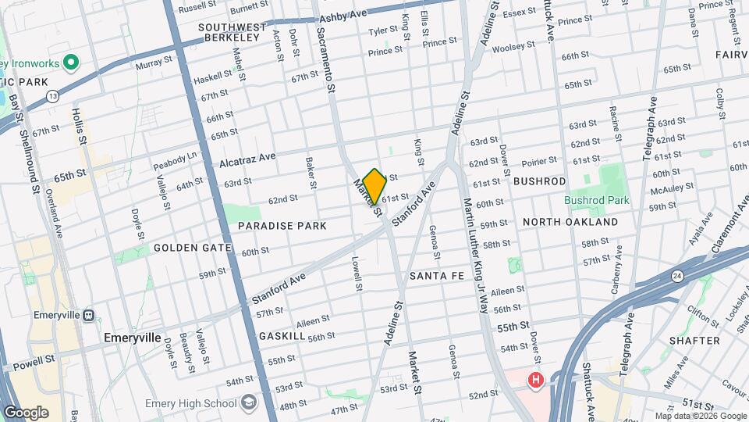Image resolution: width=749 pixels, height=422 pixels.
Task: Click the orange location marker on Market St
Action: point(374,186)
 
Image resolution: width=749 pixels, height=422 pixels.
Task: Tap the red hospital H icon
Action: point(535,381)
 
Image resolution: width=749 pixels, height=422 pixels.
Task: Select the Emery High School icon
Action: point(249,403)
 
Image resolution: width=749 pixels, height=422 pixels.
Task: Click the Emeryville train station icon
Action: point(87,316)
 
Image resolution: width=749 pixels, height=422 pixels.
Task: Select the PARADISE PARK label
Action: point(282,225)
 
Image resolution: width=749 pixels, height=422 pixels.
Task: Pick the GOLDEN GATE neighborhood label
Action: point(192,248)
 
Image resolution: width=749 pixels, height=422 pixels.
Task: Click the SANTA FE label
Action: point(437,276)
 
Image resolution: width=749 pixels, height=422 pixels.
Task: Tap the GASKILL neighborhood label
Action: point(282,335)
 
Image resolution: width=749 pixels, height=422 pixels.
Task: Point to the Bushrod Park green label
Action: point(597,200)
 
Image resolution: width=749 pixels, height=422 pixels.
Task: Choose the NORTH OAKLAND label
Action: point(570,222)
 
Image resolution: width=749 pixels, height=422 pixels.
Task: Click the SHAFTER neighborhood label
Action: point(694,341)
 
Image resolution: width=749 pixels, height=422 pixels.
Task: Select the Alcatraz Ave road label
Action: point(247,159)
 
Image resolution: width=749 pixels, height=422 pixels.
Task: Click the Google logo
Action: point(27,412)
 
